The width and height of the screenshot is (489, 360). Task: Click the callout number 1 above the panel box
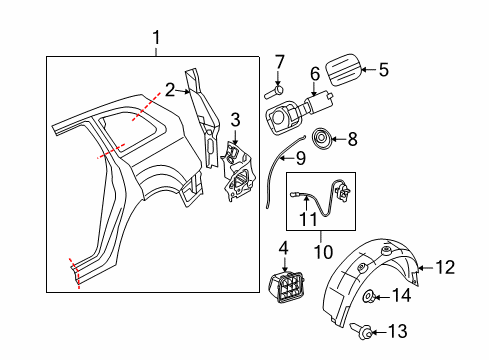156,38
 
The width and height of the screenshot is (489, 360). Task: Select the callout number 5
384,70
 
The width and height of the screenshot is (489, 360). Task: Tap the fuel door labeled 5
343,70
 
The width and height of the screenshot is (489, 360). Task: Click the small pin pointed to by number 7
274,92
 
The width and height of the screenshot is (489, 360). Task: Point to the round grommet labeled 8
321,139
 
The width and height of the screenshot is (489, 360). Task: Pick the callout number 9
300,158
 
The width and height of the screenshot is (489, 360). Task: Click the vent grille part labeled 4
286,287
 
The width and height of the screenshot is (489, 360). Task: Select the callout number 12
445,267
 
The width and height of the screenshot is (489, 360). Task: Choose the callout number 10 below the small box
323,252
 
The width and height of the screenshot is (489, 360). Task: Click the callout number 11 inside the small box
308,219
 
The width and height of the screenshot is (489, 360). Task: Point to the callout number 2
170,90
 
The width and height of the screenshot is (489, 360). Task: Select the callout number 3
235,119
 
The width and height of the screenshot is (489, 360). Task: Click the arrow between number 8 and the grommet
339,139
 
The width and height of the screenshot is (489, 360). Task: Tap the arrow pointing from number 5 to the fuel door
368,70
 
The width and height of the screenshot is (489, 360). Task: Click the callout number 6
315,74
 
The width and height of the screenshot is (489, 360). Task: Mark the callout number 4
284,248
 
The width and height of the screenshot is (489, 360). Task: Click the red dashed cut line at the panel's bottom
75,273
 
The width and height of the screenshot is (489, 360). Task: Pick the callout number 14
401,295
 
